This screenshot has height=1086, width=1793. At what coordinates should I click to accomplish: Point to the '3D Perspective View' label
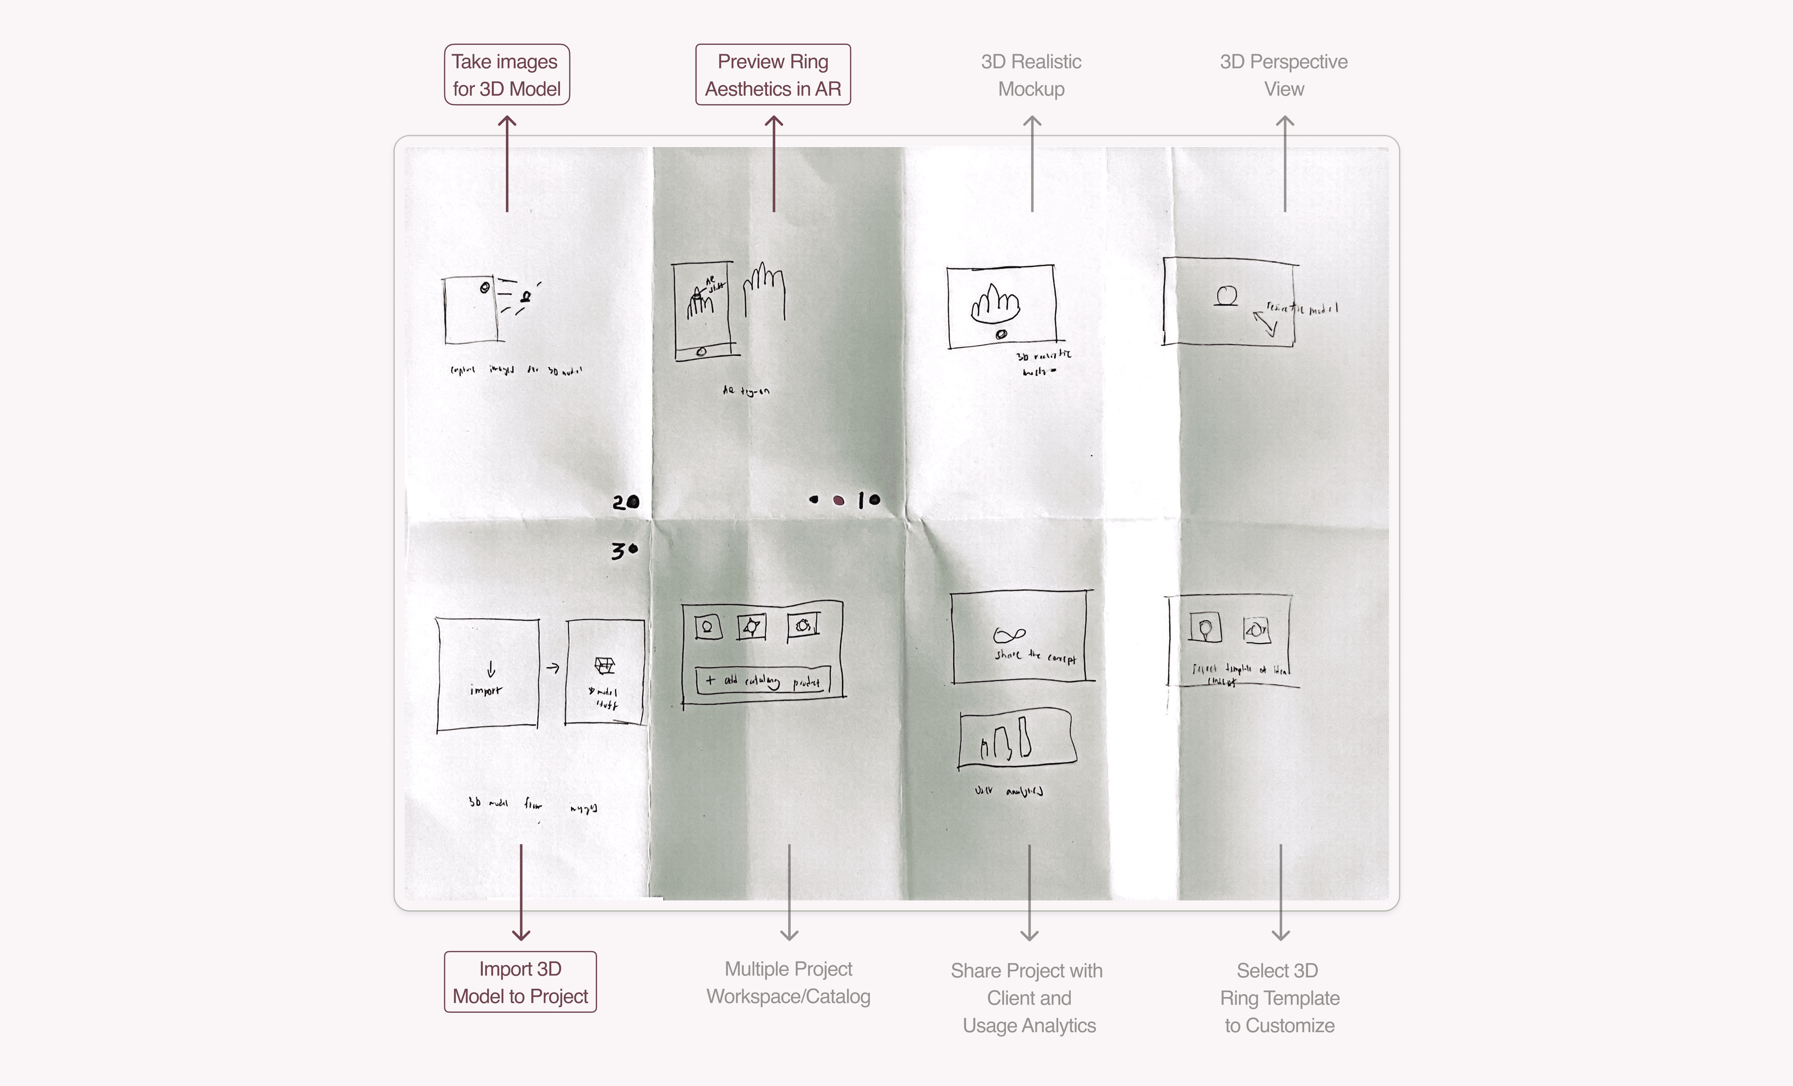click(x=1284, y=75)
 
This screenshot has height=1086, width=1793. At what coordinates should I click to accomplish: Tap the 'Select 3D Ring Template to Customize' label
click(x=1279, y=997)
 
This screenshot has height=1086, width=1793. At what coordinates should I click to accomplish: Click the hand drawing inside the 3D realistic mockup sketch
click(x=995, y=304)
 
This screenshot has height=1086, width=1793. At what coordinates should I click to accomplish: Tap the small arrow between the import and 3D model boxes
click(x=553, y=668)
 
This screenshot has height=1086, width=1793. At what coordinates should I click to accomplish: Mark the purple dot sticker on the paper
click(x=838, y=500)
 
